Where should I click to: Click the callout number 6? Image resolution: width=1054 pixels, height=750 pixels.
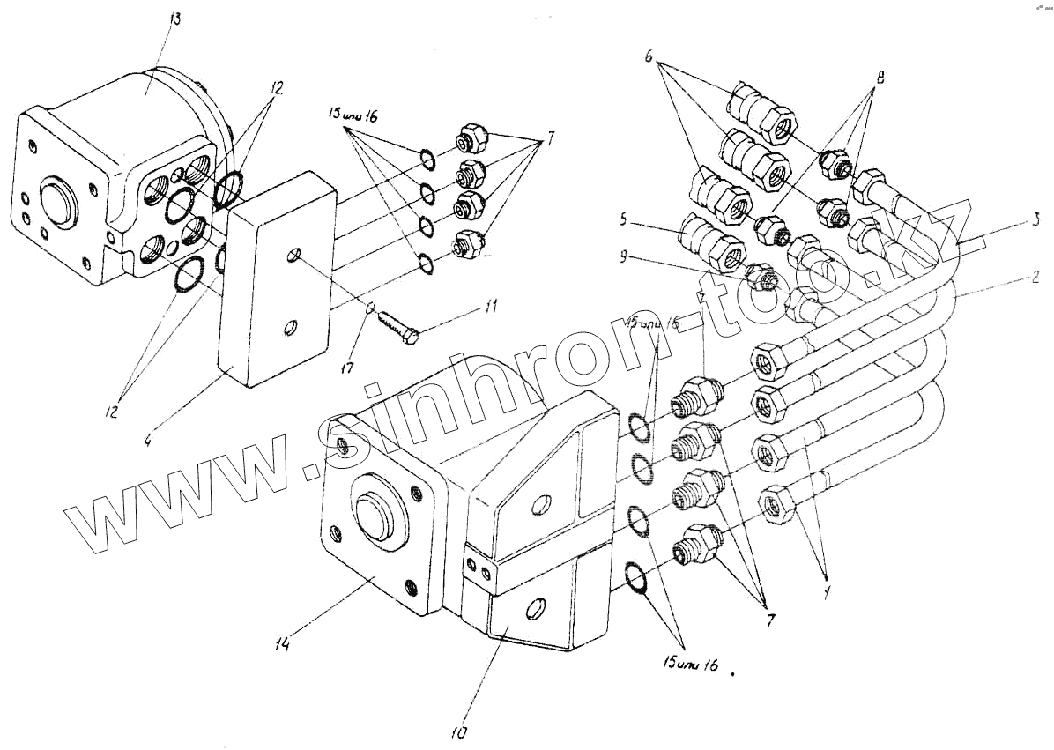point(649,56)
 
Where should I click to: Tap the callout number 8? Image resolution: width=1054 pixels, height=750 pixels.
point(878,78)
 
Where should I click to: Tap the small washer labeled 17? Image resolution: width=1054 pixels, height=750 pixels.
point(372,308)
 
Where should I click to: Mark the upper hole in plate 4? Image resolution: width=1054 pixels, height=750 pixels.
point(293,256)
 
